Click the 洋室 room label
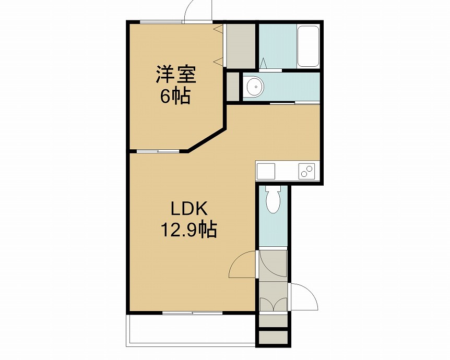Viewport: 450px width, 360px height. [x=176, y=75]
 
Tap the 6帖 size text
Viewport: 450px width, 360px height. [x=175, y=96]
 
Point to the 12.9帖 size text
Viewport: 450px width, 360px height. [x=189, y=230]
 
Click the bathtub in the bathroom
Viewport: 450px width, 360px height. [x=308, y=46]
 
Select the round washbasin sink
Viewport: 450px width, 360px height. [x=254, y=86]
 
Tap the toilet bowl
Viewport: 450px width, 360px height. [x=273, y=200]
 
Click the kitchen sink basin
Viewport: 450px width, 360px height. [x=266, y=171]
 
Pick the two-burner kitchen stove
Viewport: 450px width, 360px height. [x=307, y=171]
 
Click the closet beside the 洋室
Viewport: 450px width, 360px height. [x=241, y=46]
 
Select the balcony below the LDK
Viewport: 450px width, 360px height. [x=191, y=330]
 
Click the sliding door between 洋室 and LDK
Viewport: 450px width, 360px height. [x=158, y=151]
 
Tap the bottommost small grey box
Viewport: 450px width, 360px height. [x=273, y=338]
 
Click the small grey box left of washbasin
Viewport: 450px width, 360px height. [x=233, y=87]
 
